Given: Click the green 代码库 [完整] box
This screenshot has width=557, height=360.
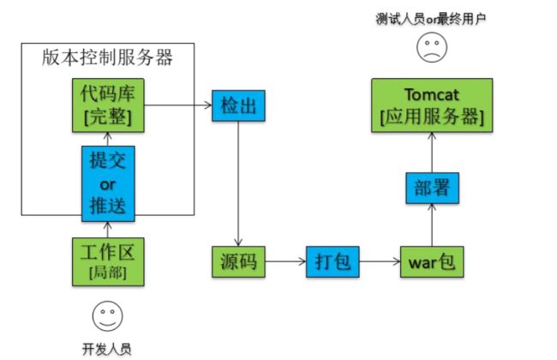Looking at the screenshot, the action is [x=108, y=105].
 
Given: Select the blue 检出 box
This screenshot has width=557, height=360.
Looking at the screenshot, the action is [x=238, y=105].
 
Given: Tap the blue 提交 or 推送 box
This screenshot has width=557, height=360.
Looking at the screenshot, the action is [x=108, y=183].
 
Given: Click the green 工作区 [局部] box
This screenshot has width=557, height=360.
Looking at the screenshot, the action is [x=108, y=262].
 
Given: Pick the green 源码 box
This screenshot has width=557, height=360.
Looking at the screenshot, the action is [x=238, y=262].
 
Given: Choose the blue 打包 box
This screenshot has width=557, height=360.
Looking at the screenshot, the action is [x=332, y=262].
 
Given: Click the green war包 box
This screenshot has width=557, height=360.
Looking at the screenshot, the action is [x=432, y=262].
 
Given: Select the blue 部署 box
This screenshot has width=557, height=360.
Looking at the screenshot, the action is [x=432, y=188].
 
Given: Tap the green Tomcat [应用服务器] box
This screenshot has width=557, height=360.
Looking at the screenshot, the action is [x=432, y=105].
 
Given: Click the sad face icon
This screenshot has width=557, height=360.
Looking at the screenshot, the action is [x=432, y=47].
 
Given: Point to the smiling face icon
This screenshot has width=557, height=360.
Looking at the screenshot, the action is [x=108, y=316].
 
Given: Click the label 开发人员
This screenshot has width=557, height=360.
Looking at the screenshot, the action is [x=107, y=350].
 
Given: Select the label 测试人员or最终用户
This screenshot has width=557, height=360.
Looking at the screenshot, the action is [x=431, y=19].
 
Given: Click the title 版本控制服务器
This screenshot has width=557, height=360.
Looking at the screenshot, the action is [x=107, y=57].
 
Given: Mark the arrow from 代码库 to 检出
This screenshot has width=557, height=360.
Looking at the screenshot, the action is [x=178, y=105].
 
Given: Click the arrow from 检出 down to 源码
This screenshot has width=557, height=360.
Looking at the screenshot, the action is [x=238, y=183].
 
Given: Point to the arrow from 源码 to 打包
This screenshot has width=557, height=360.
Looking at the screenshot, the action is [x=285, y=262].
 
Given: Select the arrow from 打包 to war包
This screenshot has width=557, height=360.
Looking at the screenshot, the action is [x=380, y=262].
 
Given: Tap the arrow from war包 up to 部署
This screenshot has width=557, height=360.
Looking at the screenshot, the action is [x=432, y=225].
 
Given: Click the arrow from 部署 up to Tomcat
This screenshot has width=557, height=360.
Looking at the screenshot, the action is [x=432, y=153].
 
